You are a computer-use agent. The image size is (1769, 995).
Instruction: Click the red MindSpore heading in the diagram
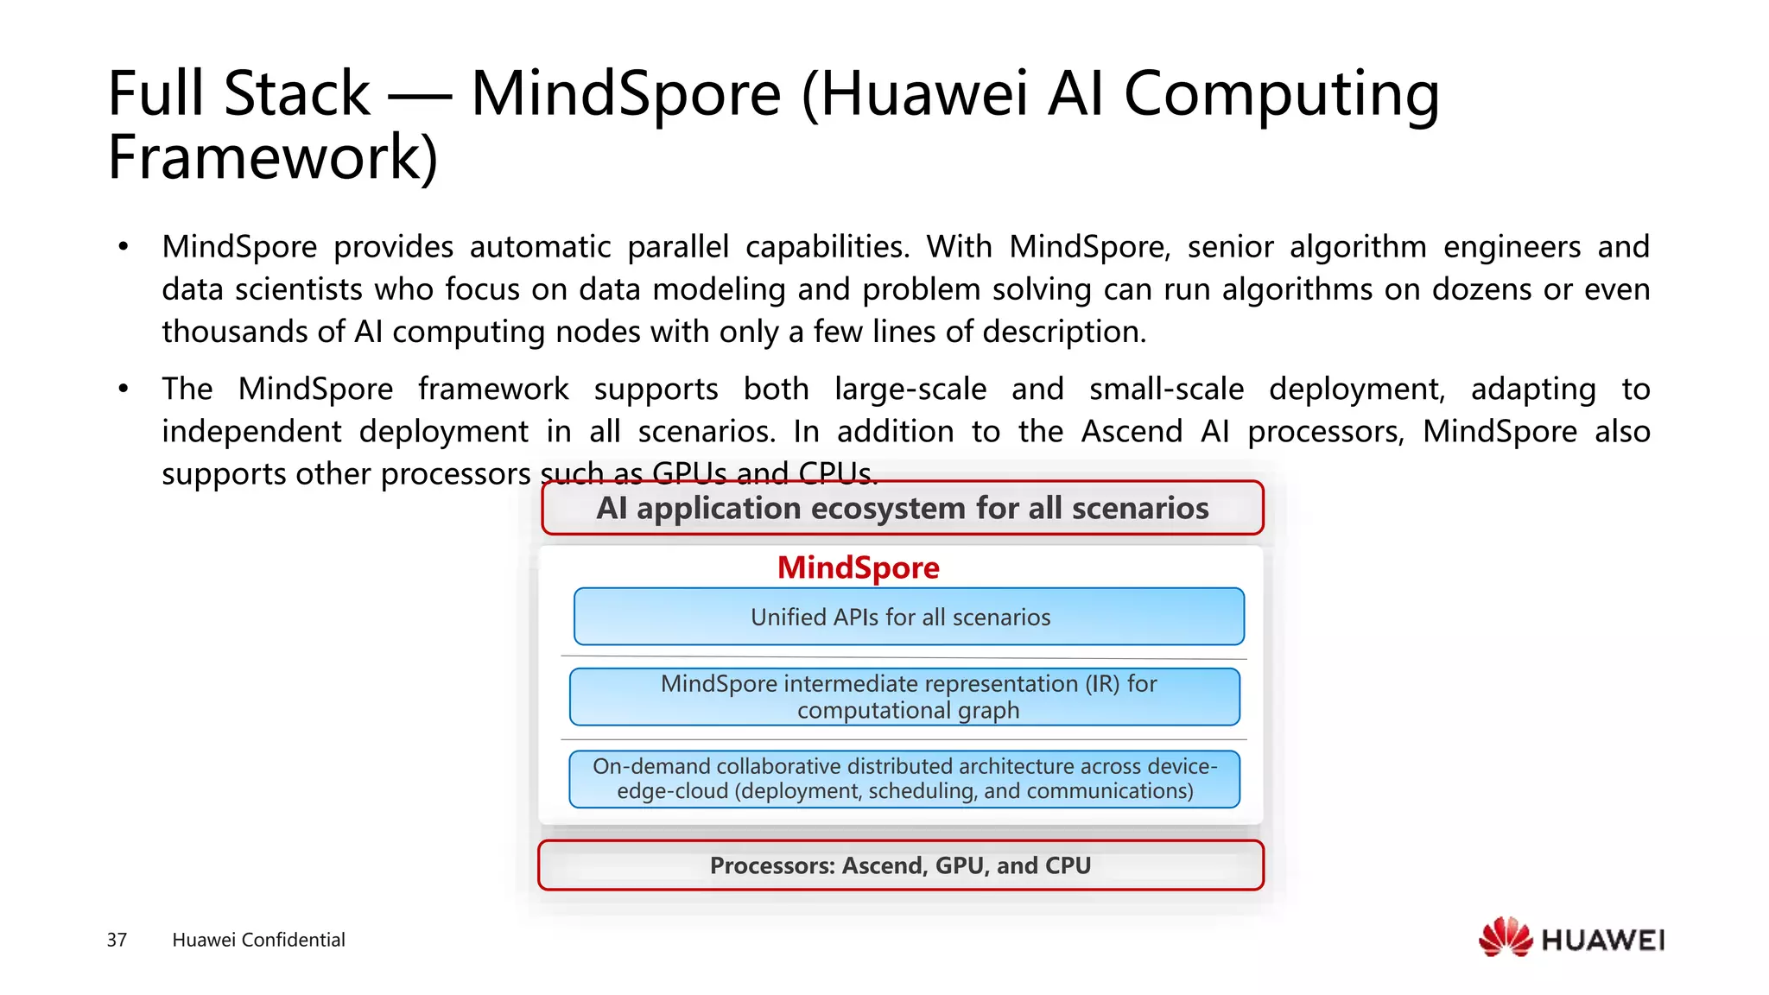[858, 567]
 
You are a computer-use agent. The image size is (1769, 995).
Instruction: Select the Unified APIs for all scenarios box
[909, 617]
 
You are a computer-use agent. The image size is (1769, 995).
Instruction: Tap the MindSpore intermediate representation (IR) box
[904, 697]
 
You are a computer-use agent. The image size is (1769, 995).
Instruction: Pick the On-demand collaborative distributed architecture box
[904, 779]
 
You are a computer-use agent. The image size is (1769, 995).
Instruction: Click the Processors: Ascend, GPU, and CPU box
[900, 865]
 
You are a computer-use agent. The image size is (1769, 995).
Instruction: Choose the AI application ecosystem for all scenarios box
[902, 508]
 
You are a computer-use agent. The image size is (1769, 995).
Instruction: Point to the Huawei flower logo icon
[1505, 938]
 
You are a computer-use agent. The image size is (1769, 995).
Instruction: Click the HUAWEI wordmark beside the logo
[1602, 940]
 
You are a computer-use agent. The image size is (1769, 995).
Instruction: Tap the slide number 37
[117, 940]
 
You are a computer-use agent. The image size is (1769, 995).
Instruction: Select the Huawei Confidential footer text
[258, 940]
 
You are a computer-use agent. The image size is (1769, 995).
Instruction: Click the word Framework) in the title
[272, 157]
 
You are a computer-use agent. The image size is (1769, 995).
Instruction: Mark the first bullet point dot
[124, 247]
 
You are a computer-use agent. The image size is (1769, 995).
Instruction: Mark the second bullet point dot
[124, 390]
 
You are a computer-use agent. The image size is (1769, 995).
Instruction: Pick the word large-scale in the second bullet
[910, 390]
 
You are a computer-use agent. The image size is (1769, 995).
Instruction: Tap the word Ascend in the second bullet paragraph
[1132, 431]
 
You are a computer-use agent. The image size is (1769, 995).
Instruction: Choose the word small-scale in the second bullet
[1166, 390]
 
